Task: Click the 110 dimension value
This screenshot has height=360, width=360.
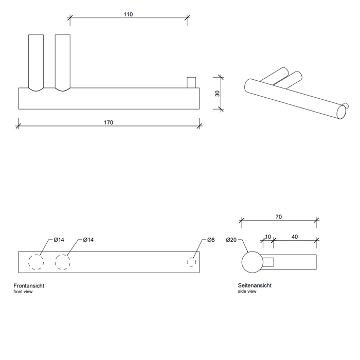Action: [x=128, y=14]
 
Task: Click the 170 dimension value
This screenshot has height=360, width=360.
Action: [x=109, y=122]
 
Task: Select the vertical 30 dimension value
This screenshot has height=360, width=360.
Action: [x=218, y=93]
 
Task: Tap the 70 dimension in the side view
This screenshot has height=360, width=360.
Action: [x=278, y=217]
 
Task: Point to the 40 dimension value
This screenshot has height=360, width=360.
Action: [x=294, y=237]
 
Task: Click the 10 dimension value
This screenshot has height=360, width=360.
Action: [x=268, y=237]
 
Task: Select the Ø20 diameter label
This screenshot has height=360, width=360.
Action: [x=231, y=240]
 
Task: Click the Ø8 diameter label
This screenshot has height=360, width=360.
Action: [x=211, y=240]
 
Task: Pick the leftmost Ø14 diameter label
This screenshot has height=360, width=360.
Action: [x=59, y=240]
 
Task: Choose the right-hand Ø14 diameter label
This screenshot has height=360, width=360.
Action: [x=88, y=240]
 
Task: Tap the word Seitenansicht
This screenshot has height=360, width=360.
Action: [x=255, y=285]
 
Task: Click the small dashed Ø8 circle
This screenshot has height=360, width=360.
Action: [x=191, y=262]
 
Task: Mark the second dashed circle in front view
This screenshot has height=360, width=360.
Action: [x=63, y=262]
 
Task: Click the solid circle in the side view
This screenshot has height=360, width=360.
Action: [x=252, y=262]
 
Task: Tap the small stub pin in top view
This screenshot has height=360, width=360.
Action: [x=191, y=82]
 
